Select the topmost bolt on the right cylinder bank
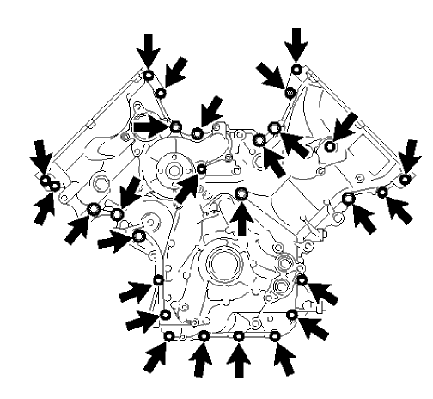tap(296, 69)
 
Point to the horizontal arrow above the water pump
tap(150, 126)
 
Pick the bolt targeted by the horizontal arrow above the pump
tap(175, 128)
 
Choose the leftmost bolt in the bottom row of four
tap(169, 335)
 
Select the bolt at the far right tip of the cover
tap(404, 180)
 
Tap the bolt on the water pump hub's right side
tap(201, 169)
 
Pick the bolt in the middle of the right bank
tap(329, 147)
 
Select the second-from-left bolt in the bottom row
tap(204, 335)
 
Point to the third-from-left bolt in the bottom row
tap(238, 335)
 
